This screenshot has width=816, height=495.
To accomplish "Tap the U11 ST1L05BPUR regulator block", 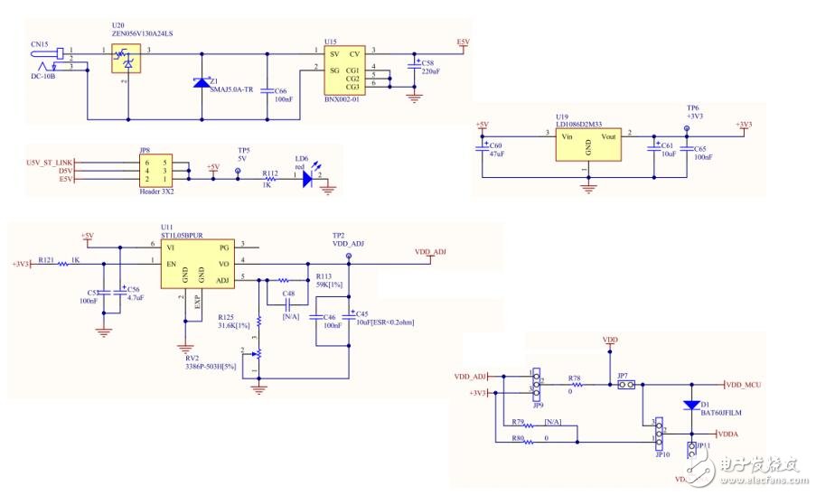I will (197, 263).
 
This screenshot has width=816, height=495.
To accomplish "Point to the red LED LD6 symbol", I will (309, 179).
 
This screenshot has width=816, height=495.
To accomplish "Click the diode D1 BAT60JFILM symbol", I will (691, 405).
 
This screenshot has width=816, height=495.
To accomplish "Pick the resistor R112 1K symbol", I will (270, 179).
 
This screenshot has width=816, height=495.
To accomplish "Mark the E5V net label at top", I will (464, 42).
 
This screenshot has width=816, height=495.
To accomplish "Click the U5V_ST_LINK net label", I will (50, 162).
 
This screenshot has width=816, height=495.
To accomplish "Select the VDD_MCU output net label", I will (744, 385).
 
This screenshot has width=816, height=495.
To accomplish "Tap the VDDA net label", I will (727, 434).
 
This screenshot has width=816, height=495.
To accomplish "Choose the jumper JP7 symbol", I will (624, 386).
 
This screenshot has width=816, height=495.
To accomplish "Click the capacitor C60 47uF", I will (486, 148).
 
